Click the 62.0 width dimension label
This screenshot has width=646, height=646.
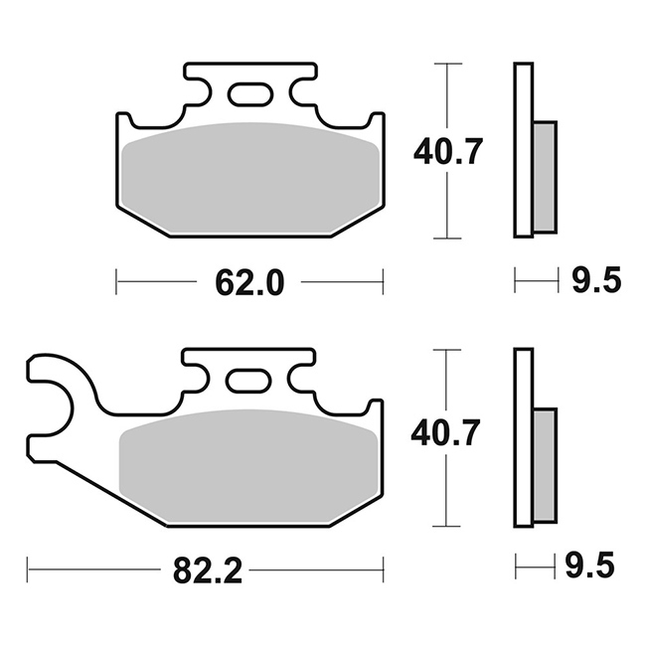[x=249, y=283]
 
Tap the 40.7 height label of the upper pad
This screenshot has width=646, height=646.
[x=447, y=152]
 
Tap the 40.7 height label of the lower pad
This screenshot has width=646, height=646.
[x=445, y=433]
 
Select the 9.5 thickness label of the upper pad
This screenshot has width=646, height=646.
[x=596, y=279]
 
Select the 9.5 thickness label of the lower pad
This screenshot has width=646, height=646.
[x=590, y=565]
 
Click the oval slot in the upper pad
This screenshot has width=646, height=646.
[x=250, y=94]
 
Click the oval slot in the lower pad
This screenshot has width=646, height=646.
[x=248, y=381]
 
